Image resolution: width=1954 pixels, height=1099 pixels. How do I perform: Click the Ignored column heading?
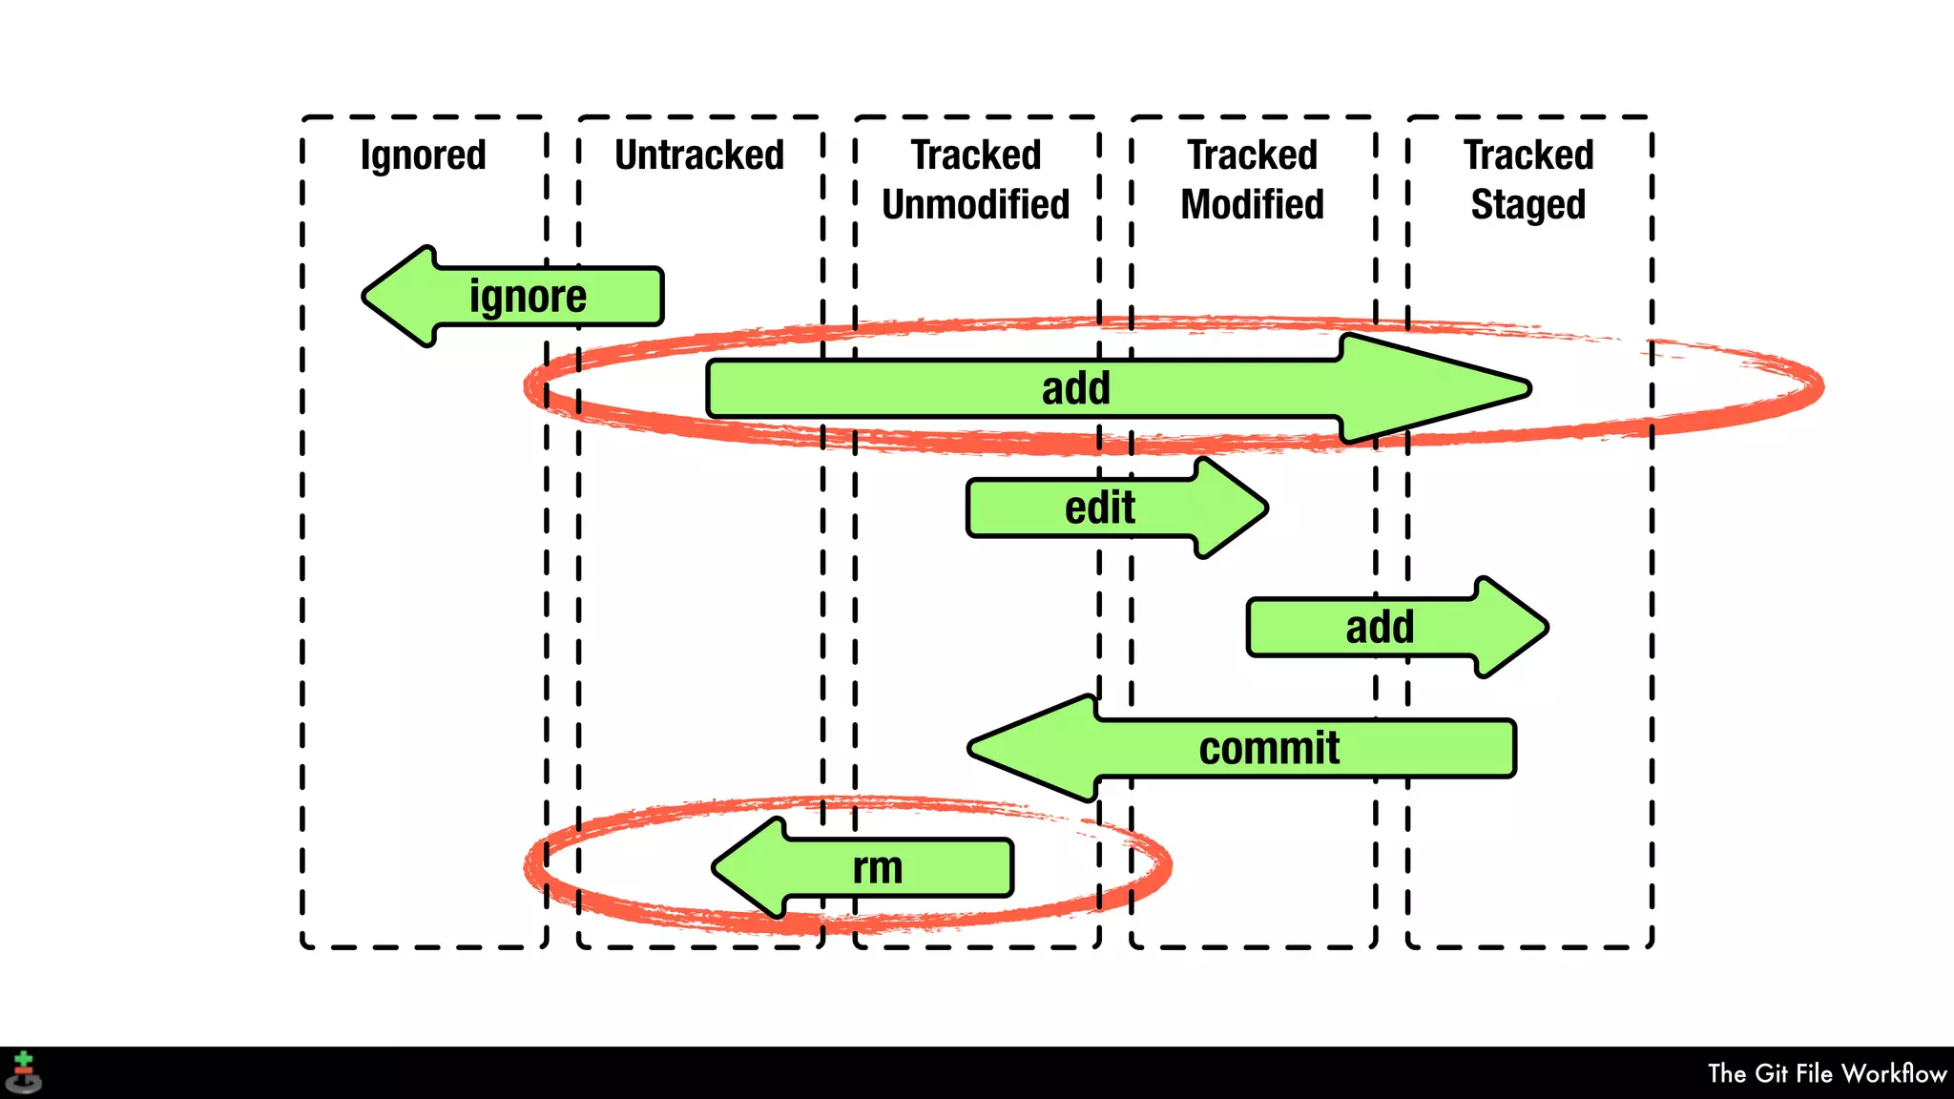(x=423, y=156)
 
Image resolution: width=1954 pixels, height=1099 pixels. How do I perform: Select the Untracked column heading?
(x=699, y=156)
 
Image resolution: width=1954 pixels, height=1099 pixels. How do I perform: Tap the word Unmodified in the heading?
(x=975, y=205)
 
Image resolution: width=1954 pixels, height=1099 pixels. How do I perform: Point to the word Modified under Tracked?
(x=1252, y=205)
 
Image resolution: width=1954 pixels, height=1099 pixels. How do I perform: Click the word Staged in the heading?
(x=1528, y=205)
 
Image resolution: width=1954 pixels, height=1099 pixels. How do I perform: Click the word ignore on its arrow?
(x=528, y=297)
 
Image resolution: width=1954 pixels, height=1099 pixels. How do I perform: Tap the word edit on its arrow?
(x=1099, y=508)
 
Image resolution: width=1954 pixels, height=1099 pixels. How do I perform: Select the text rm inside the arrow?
(x=877, y=868)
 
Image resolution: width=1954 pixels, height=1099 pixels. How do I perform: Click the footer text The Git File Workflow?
(x=1826, y=1073)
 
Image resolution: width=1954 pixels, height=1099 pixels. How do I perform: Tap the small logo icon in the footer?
(x=24, y=1072)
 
